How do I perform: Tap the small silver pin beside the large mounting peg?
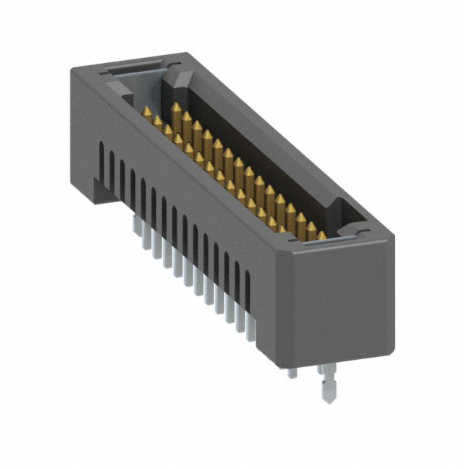pyautogui.click(x=292, y=371)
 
